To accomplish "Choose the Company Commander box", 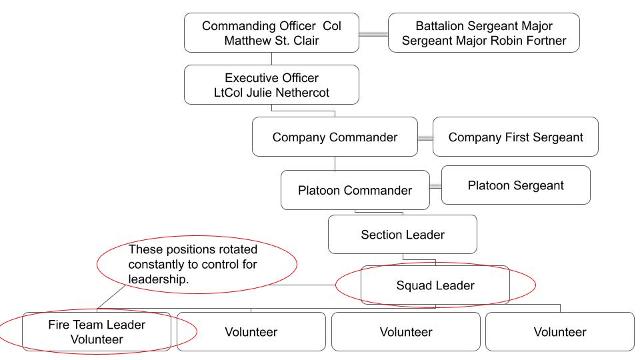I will point(335,137).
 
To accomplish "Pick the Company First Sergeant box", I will point(515,137).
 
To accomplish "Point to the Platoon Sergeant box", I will point(515,185).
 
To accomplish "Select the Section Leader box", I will point(402,235).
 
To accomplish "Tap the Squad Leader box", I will point(435,286).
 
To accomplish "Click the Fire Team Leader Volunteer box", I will point(97,331).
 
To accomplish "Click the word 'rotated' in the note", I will point(238,250).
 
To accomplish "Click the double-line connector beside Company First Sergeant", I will point(425,138).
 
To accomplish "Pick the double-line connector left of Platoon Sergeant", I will point(435,187).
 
